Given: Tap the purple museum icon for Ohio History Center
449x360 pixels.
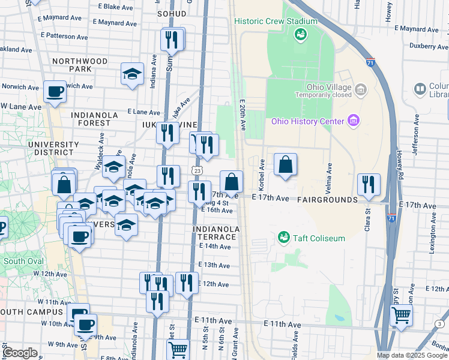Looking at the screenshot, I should tap(353, 122).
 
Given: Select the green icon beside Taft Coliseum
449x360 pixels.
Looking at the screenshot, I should tap(285, 238).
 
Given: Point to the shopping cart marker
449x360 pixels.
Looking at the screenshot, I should tap(401, 315).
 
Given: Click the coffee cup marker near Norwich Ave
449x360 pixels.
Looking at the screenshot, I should tap(55, 92).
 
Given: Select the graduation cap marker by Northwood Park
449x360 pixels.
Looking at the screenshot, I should tap(133, 74).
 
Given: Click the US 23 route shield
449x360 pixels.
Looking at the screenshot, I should tap(197, 170).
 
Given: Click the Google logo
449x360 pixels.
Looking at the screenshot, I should tap(20, 353).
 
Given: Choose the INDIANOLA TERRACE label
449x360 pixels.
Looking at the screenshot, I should tap(216, 233).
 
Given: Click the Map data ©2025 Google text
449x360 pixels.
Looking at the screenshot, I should tap(412, 355).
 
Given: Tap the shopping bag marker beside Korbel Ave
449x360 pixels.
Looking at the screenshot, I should tap(286, 164).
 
